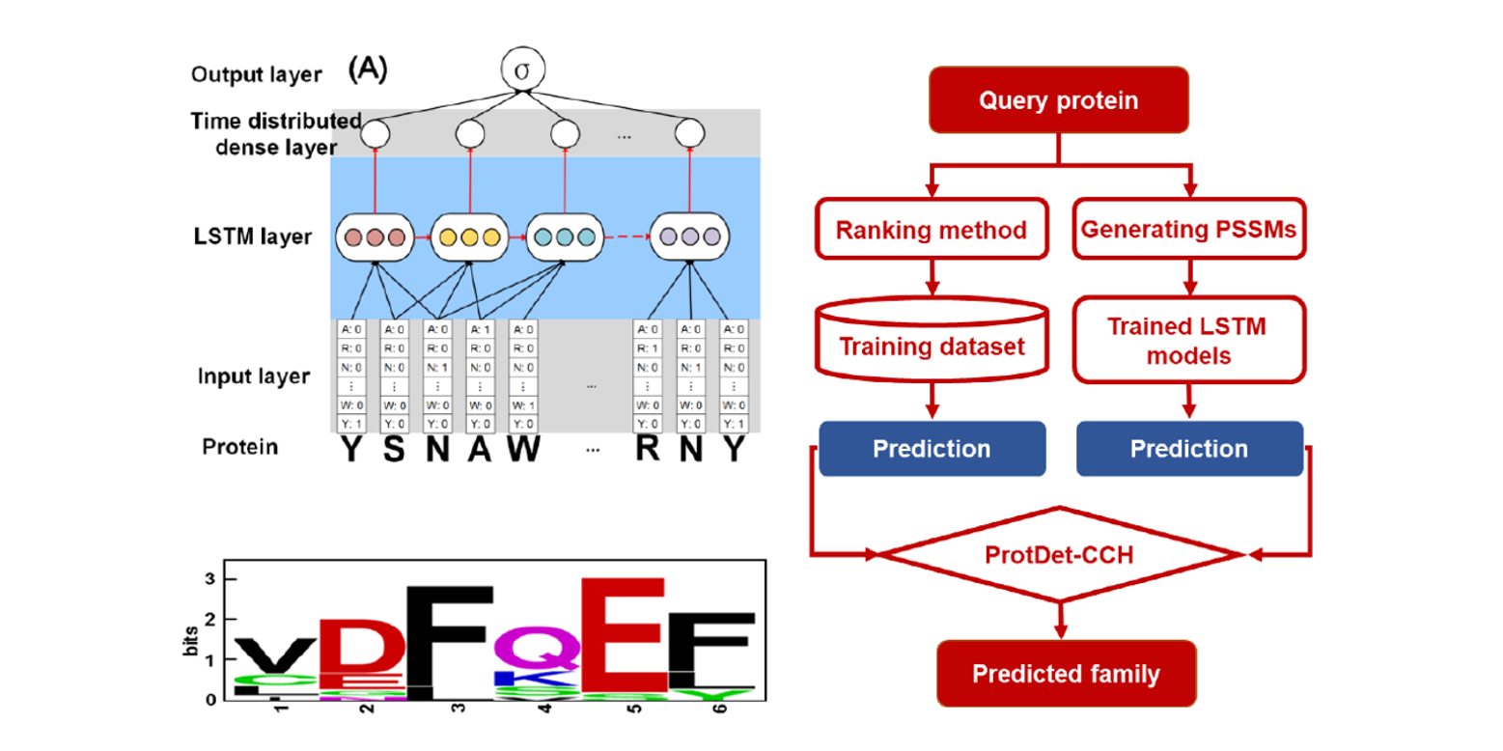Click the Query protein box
1058,100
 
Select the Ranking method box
931,229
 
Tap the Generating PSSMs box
1188,229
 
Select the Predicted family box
1066,673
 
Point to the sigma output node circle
522,71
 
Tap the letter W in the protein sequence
522,450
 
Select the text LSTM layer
251,236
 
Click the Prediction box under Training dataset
932,449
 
